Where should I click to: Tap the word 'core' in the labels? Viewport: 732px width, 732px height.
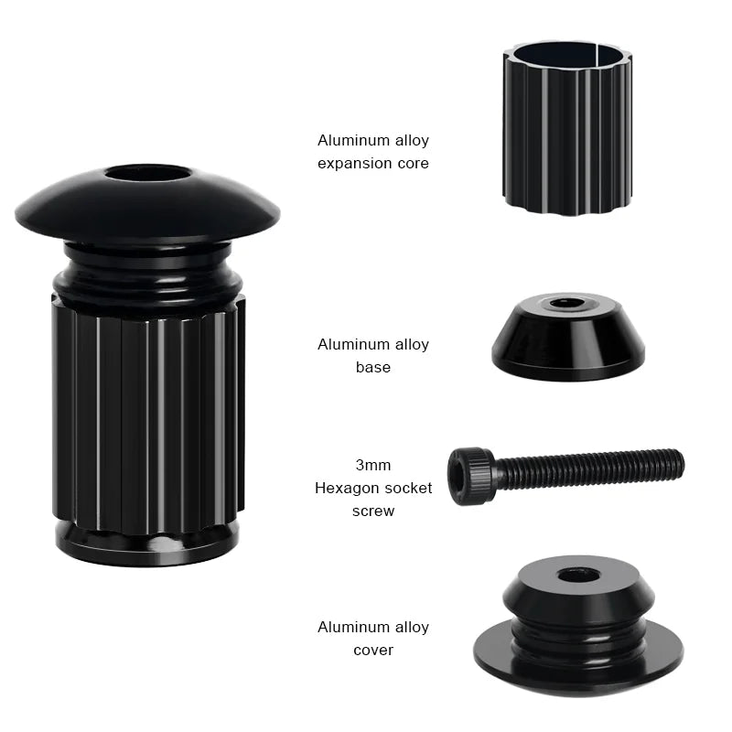coord(410,164)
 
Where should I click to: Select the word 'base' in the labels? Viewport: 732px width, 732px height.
coord(372,367)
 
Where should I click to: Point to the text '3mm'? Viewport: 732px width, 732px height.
coord(372,465)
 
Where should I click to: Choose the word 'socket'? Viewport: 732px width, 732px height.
coord(407,488)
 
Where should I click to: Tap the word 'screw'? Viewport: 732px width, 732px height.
coord(372,511)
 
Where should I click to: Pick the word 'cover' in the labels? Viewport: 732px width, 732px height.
coord(372,650)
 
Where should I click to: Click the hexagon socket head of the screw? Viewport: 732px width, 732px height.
coord(470,476)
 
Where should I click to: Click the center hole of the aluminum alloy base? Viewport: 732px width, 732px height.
coord(567,303)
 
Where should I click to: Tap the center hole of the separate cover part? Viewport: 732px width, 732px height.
coord(578,575)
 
